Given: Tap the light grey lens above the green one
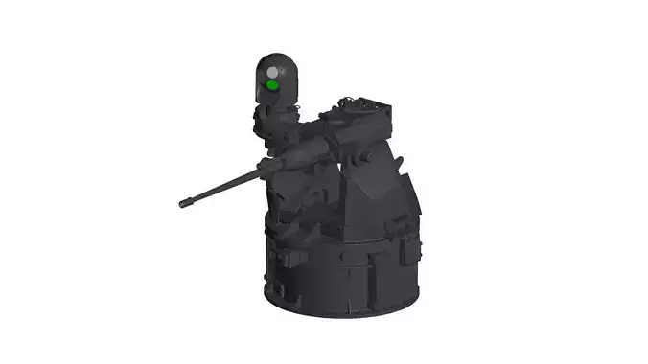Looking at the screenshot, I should coord(273,72).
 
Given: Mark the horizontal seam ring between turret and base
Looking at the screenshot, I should coord(345,247).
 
